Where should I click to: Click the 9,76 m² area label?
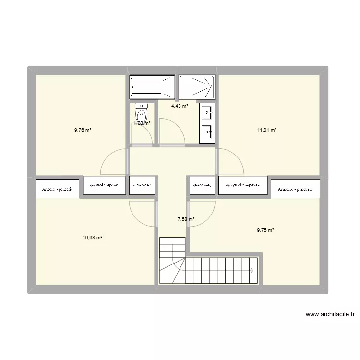(x=83, y=130)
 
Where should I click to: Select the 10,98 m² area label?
(x=93, y=238)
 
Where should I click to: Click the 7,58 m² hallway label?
(x=186, y=219)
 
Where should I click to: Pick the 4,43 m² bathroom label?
(x=180, y=106)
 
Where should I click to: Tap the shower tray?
(x=197, y=87)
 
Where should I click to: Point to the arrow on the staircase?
(x=252, y=270)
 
